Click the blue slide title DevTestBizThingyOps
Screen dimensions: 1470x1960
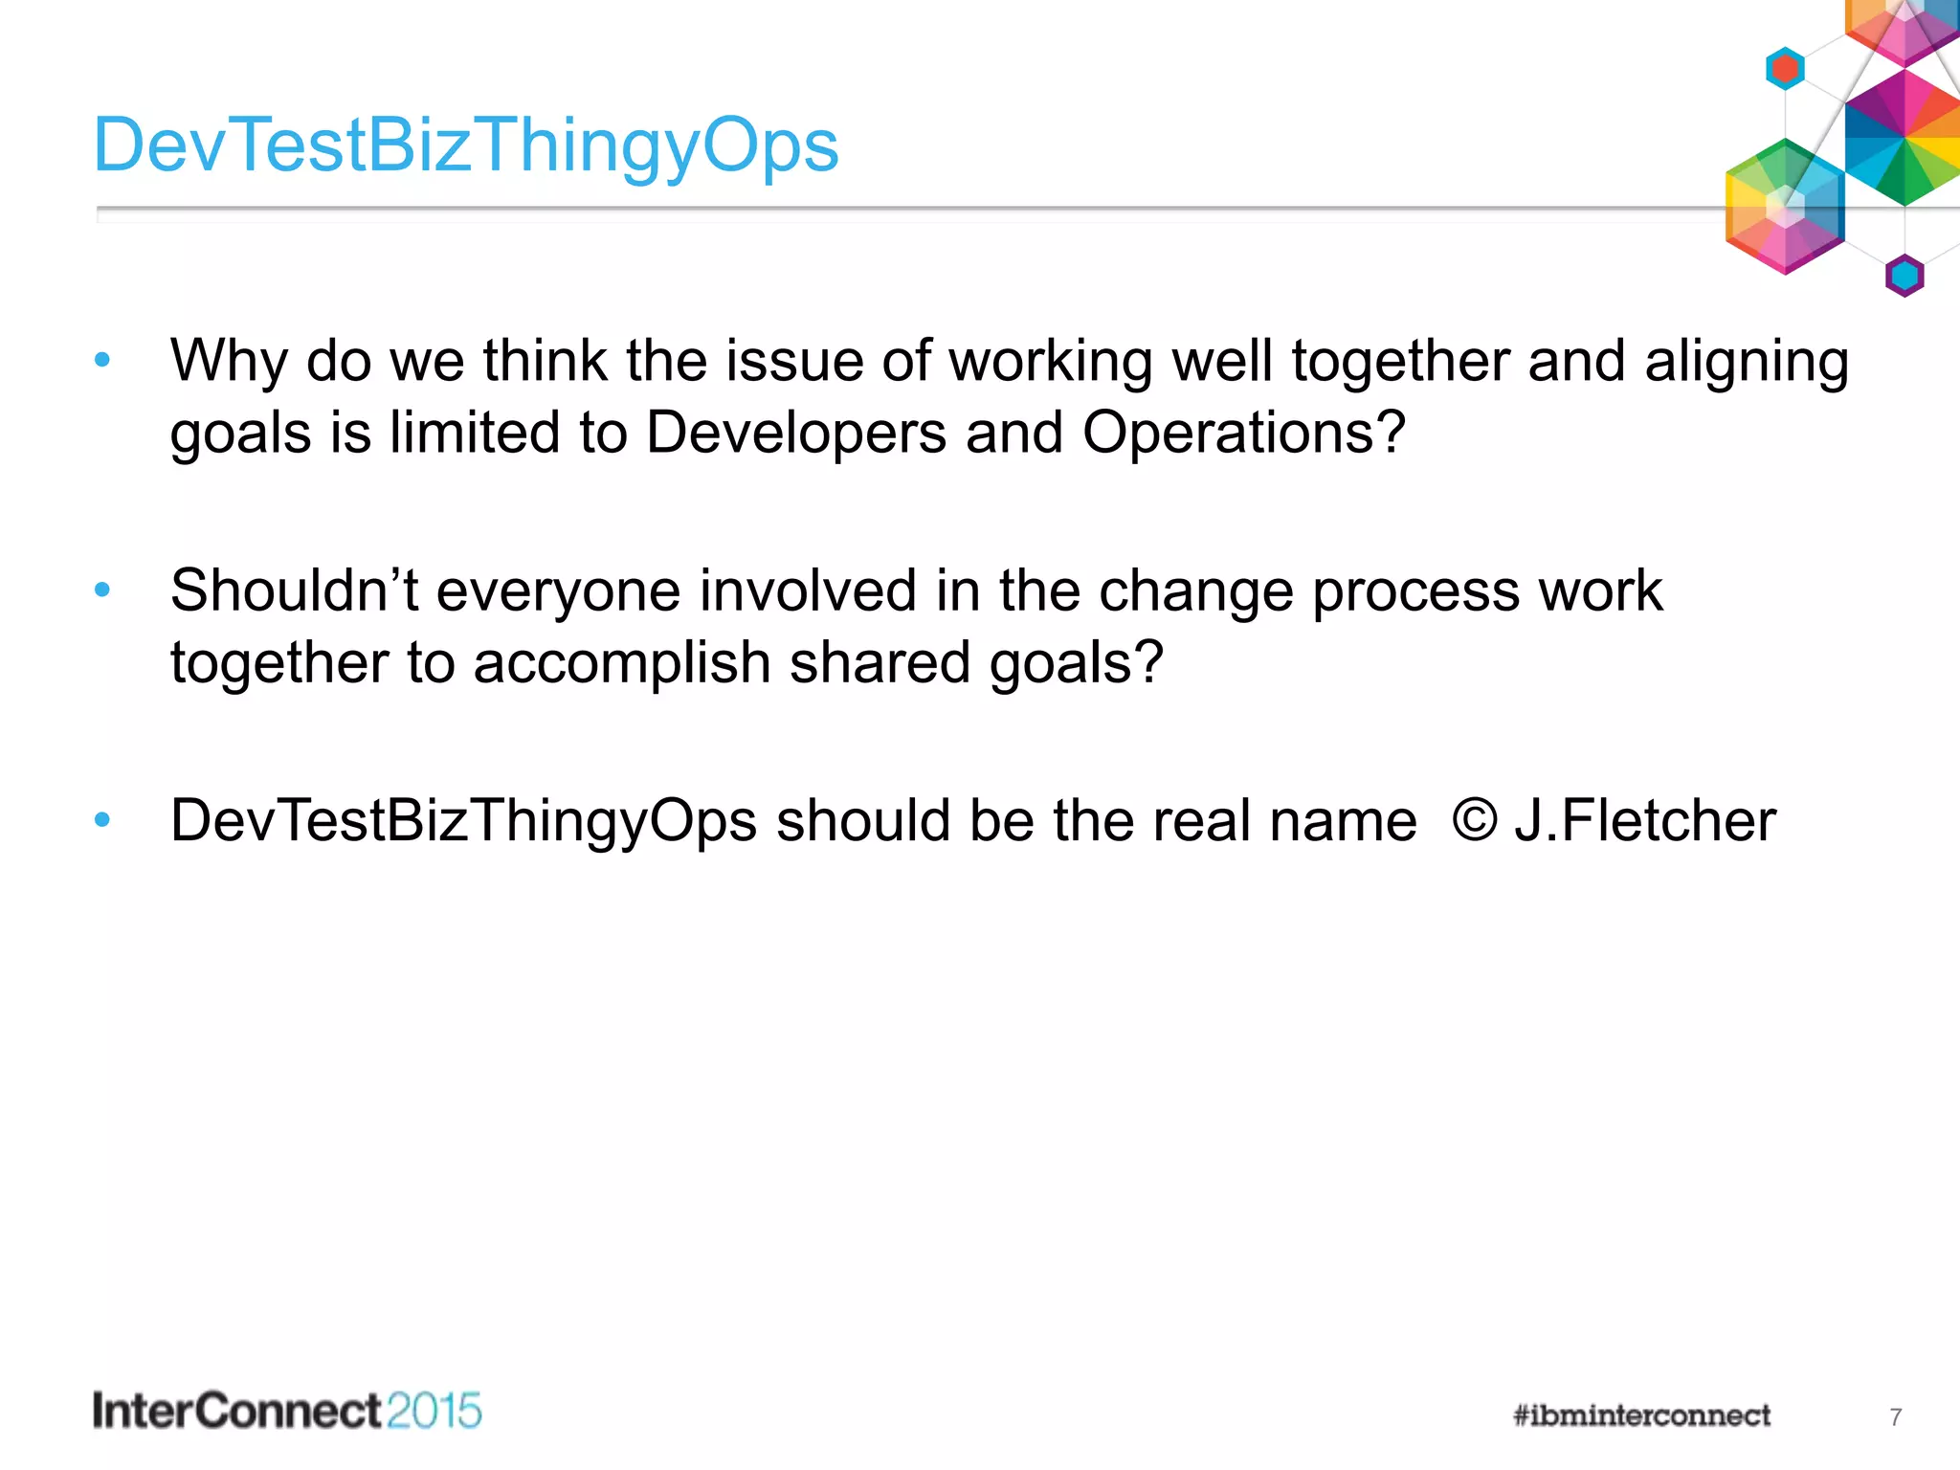coord(466,145)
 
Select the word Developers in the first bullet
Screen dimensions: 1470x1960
coord(796,434)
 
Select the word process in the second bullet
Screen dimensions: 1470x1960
coord(1415,592)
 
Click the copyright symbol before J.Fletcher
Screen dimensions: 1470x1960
coord(1474,820)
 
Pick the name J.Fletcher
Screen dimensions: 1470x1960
coord(1644,820)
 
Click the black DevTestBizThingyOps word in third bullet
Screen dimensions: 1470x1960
coord(463,822)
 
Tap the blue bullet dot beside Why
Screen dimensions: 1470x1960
coord(102,361)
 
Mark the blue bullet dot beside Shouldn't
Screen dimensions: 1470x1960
coord(102,590)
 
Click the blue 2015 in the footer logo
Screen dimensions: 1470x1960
coord(434,1412)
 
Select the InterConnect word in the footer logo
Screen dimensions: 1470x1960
coord(237,1412)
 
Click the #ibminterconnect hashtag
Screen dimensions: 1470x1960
coord(1641,1415)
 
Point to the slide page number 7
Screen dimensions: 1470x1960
coord(1895,1417)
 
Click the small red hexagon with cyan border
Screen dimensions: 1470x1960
coord(1785,69)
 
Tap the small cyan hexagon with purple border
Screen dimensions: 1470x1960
coord(1904,277)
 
